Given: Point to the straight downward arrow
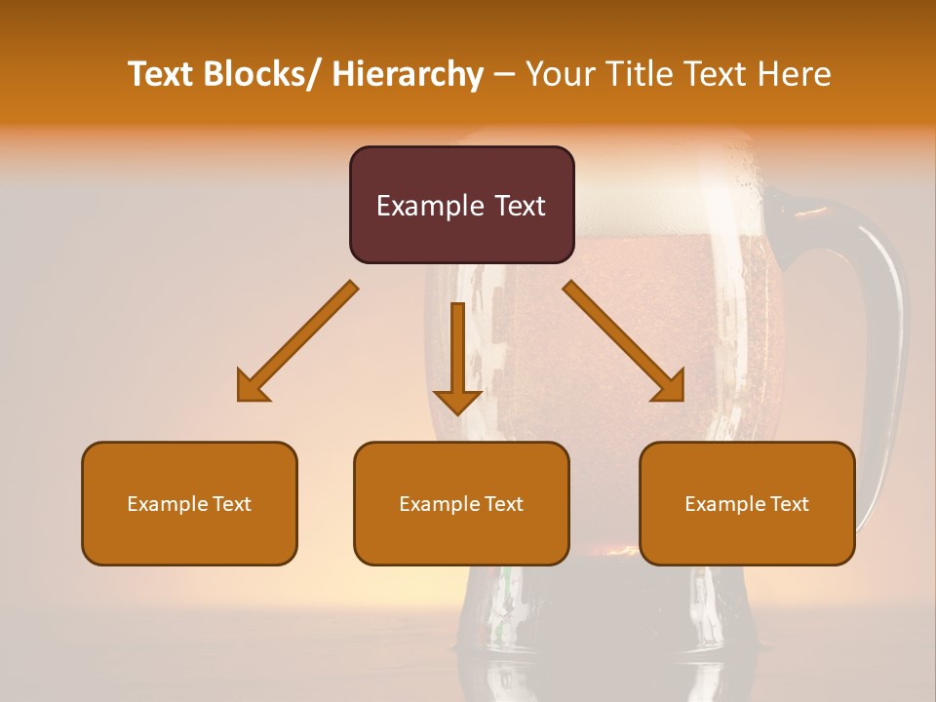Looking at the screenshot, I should tap(457, 351).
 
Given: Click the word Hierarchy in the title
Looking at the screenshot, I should tap(408, 74).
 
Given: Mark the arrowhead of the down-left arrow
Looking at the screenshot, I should tap(252, 387).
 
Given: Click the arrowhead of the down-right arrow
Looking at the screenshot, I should tap(669, 387).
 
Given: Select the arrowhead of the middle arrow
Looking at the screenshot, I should tap(457, 402).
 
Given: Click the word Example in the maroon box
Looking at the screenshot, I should tap(426, 206).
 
